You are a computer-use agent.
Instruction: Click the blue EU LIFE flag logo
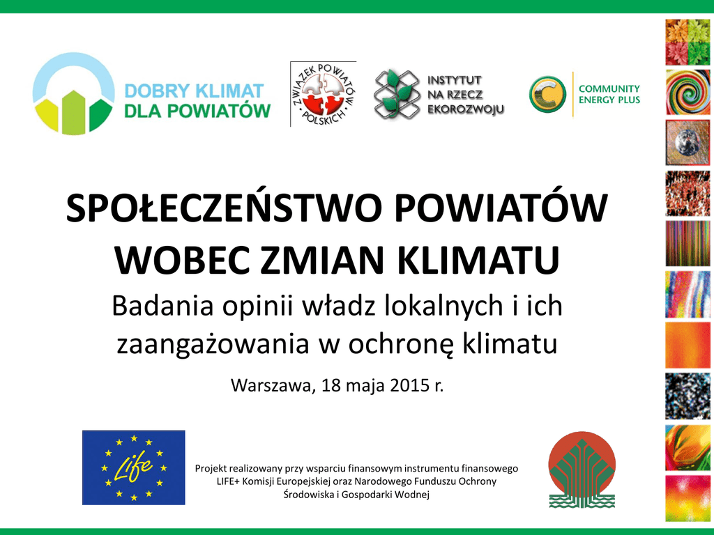(133, 467)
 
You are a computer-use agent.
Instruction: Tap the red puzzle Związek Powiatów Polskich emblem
(324, 94)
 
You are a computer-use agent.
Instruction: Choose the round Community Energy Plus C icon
(547, 94)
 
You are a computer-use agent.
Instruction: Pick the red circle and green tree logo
(582, 470)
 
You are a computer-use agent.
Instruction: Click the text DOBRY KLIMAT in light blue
(195, 91)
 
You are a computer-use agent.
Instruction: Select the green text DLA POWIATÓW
(197, 111)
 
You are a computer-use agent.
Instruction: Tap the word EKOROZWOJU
(465, 109)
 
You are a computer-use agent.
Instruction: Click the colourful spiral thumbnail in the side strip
(688, 92)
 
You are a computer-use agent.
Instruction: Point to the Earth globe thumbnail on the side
(688, 142)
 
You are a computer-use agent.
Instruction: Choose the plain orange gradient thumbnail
(688, 345)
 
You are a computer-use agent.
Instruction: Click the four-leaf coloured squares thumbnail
(688, 42)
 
